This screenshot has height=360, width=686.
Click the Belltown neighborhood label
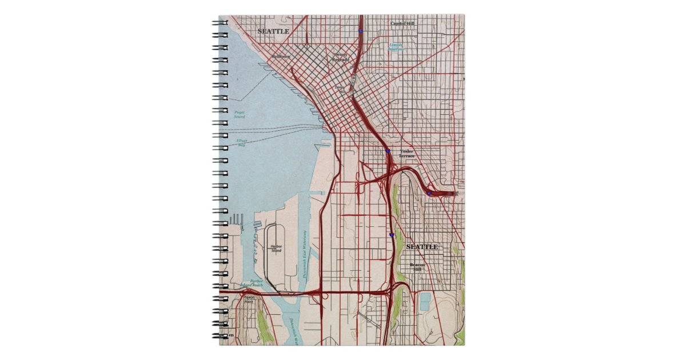click(x=281, y=57)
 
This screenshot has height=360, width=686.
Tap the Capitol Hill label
click(x=402, y=23)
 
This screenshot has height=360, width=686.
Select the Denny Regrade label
click(x=341, y=57)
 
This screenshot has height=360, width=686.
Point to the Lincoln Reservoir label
click(x=396, y=47)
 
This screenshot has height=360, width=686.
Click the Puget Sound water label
click(x=240, y=114)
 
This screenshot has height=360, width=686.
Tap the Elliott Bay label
click(x=242, y=142)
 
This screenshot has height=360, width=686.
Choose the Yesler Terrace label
click(x=406, y=153)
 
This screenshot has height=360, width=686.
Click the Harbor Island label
click(x=277, y=248)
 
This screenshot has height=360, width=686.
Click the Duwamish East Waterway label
click(x=305, y=254)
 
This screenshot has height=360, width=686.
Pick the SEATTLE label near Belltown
click(x=273, y=31)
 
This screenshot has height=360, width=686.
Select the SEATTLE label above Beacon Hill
click(x=422, y=247)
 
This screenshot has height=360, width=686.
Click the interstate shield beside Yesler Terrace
click(x=388, y=151)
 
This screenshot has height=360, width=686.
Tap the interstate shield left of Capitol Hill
click(x=360, y=31)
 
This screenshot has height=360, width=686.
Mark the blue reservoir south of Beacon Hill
click(x=425, y=301)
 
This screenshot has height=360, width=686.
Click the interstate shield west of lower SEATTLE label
click(x=392, y=234)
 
